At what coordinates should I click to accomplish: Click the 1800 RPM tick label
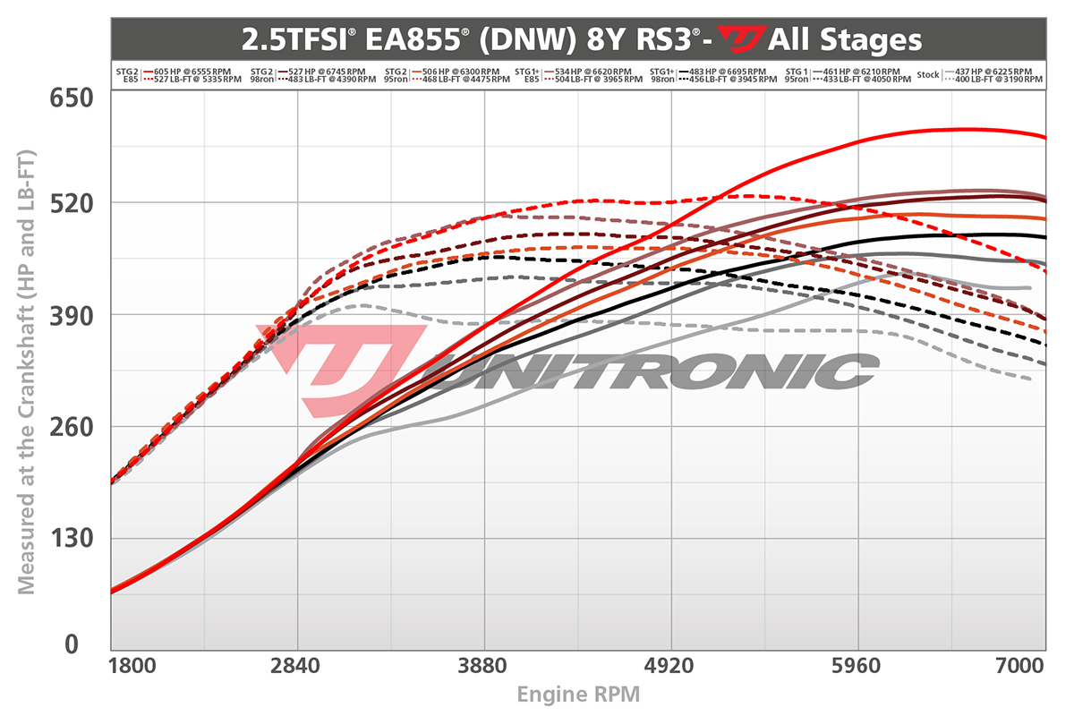pos(134,668)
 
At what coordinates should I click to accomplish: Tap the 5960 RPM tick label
pos(858,668)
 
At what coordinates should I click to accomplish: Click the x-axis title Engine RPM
pos(577,694)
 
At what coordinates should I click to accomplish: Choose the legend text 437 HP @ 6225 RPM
pos(993,71)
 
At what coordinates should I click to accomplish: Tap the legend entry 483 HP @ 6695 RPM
pos(727,71)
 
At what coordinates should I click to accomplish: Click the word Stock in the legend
pos(928,75)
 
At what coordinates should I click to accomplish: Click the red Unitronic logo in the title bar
pos(742,39)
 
